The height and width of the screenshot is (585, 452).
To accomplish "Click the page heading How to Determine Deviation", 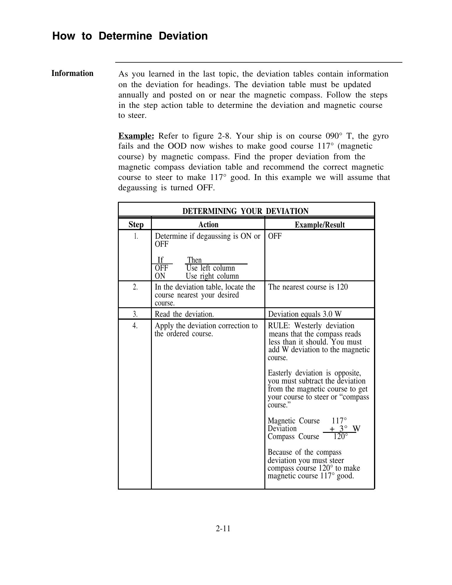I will pyautogui.click(x=130, y=36).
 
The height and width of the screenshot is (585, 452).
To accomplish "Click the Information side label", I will pyautogui.click(x=72, y=73).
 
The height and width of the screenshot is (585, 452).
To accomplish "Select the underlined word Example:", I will pyautogui.click(x=136, y=136).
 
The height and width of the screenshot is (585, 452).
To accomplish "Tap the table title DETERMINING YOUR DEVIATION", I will pyautogui.click(x=245, y=211).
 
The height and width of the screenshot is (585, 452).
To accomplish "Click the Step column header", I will pyautogui.click(x=136, y=225).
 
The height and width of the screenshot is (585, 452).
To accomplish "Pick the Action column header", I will pyautogui.click(x=208, y=225).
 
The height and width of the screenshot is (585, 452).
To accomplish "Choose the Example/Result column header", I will pyautogui.click(x=320, y=225).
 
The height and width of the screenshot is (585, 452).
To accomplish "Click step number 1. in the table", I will pyautogui.click(x=136, y=236).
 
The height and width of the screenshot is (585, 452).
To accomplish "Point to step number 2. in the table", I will pyautogui.click(x=135, y=287).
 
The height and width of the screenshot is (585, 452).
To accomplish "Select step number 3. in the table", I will pyautogui.click(x=135, y=314).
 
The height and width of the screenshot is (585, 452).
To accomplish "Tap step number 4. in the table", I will pyautogui.click(x=135, y=326).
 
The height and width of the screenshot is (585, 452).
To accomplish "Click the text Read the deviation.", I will pyautogui.click(x=184, y=314).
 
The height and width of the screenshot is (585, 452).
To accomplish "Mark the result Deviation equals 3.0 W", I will pyautogui.click(x=305, y=314).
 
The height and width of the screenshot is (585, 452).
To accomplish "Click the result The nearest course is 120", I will pyautogui.click(x=308, y=287).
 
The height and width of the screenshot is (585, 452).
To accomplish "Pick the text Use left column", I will pyautogui.click(x=211, y=268).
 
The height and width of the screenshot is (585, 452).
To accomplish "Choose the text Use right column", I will pyautogui.click(x=212, y=276).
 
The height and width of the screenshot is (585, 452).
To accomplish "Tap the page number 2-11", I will pyautogui.click(x=223, y=528).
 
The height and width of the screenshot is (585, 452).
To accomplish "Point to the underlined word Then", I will pyautogui.click(x=195, y=260).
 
